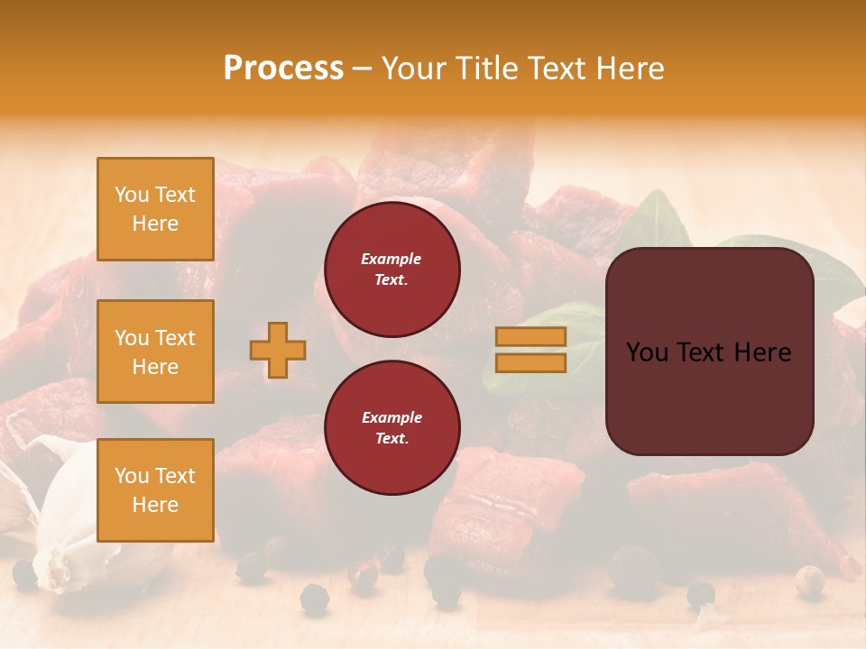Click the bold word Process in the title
(283, 69)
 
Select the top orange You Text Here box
(155, 209)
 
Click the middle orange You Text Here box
(155, 352)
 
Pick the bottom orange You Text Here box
(155, 489)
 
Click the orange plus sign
(278, 350)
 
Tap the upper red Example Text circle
(392, 270)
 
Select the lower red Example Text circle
(392, 428)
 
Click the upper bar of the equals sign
(530, 337)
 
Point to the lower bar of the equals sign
(530, 362)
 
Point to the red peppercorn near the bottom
(364, 576)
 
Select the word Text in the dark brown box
(703, 352)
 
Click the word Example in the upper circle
(392, 259)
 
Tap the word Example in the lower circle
(392, 417)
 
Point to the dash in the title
(363, 69)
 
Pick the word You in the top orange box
(131, 195)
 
